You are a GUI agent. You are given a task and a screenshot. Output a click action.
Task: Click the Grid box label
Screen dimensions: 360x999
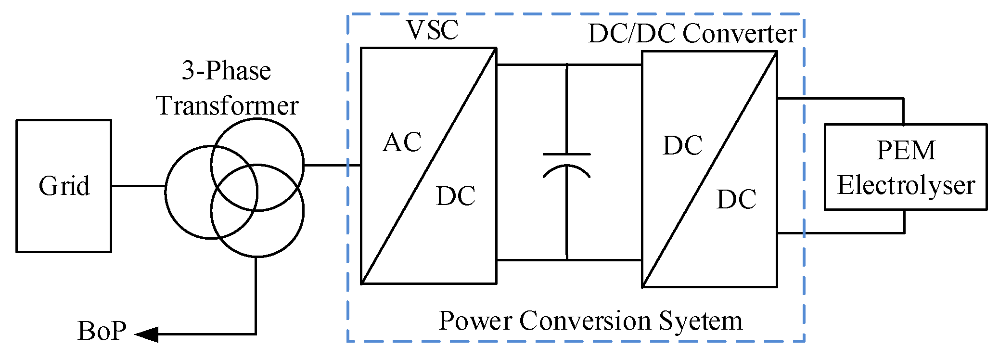tap(64, 186)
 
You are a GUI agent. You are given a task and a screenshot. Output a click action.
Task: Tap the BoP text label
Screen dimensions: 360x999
tap(102, 331)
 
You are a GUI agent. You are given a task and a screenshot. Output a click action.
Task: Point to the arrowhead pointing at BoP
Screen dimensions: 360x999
tap(146, 334)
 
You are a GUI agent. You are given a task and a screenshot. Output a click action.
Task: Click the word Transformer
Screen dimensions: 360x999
tap(227, 106)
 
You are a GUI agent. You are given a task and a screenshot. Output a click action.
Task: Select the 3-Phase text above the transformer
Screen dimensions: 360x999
tap(226, 71)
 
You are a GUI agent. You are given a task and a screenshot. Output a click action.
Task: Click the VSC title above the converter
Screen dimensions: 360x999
tap(432, 30)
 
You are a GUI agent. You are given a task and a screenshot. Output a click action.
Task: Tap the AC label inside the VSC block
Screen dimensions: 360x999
tap(402, 142)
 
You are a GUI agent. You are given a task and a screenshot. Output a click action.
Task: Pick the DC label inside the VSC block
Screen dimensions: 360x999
tap(455, 196)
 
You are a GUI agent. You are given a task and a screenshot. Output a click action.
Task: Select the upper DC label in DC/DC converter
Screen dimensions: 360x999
tap(682, 146)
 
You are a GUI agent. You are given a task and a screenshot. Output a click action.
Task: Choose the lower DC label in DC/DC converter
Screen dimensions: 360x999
tap(736, 199)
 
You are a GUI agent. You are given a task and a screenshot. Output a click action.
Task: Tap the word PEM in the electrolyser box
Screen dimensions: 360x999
tap(906, 150)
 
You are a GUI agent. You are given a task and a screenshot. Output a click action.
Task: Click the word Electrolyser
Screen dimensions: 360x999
tap(906, 186)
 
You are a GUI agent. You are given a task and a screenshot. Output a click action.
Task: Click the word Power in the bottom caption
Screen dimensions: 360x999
tap(475, 321)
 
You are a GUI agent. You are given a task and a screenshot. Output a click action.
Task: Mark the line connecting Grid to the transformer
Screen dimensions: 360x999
tap(138, 186)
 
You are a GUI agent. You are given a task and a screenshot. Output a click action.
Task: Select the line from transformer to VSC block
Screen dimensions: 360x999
tap(332, 165)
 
